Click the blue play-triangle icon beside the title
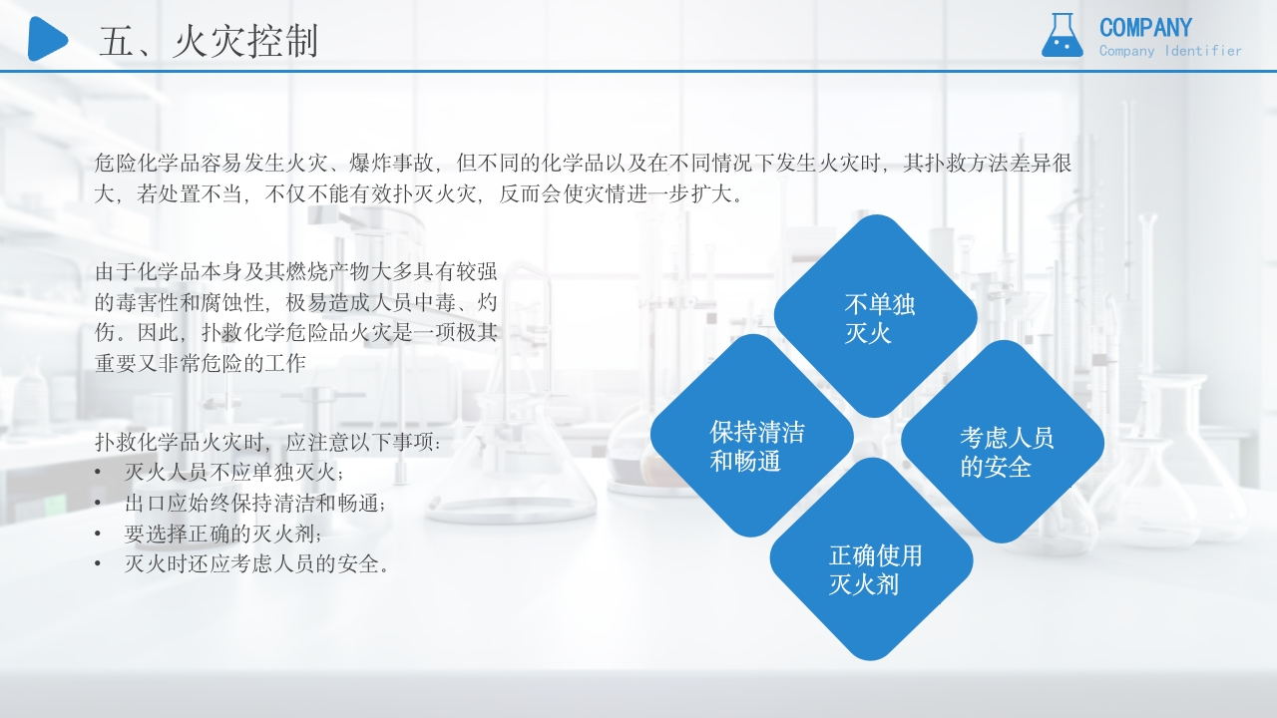click(46, 39)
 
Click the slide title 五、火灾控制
click(209, 42)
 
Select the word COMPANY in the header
click(1145, 28)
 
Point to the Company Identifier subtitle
click(1170, 51)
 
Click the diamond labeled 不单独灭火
click(876, 316)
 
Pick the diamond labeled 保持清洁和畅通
click(752, 436)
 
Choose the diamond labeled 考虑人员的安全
click(1003, 442)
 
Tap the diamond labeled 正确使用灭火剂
click(871, 558)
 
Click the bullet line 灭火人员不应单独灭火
click(233, 472)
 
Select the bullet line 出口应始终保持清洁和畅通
click(254, 503)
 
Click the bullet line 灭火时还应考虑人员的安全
click(255, 564)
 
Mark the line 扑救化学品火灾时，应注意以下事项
click(267, 441)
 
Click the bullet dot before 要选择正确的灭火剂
click(98, 534)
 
